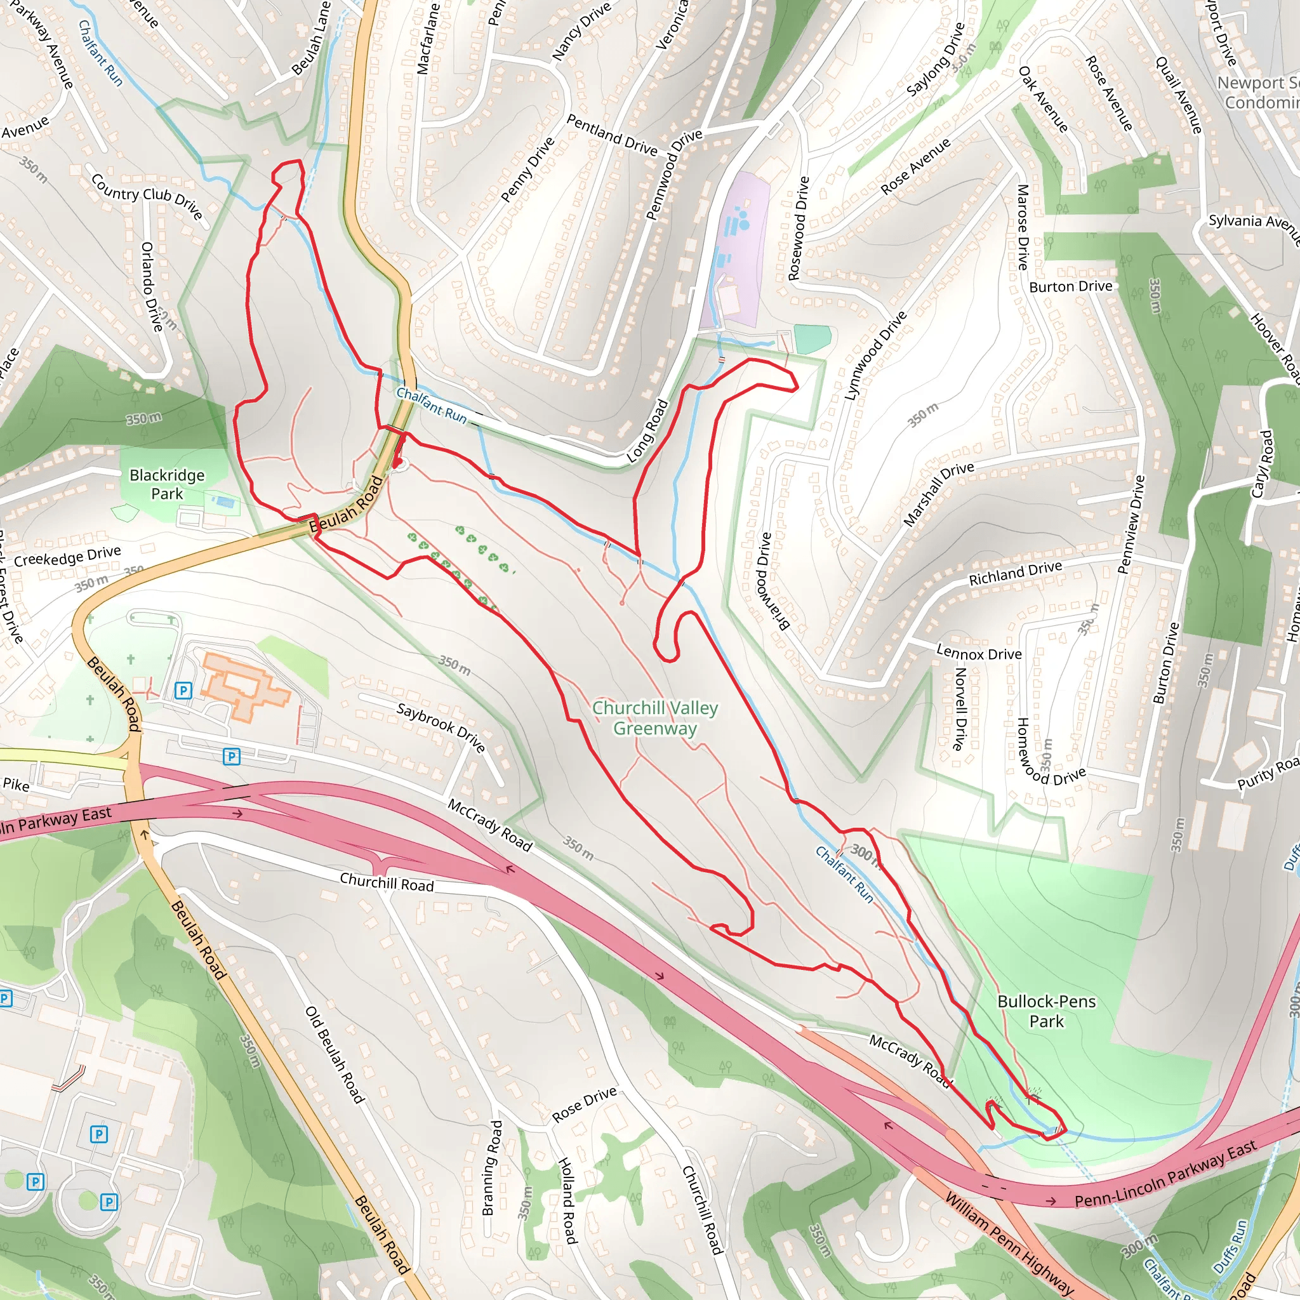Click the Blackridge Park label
click(167, 484)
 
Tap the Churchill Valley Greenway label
click(654, 718)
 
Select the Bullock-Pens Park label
click(1046, 1011)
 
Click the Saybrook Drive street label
click(441, 728)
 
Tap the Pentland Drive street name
click(611, 135)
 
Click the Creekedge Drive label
click(67, 557)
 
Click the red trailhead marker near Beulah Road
click(399, 463)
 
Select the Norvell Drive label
click(960, 708)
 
